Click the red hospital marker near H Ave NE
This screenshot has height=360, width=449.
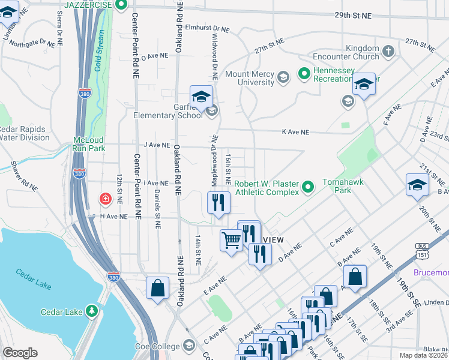105,198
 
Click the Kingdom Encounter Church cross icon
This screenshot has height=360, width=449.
388,51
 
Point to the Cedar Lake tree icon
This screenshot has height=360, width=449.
91,311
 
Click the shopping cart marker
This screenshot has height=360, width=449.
231,241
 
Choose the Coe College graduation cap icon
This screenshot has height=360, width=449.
188,346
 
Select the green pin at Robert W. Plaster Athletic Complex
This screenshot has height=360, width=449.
309,187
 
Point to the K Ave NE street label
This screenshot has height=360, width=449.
295,132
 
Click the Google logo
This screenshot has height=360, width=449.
20,353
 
